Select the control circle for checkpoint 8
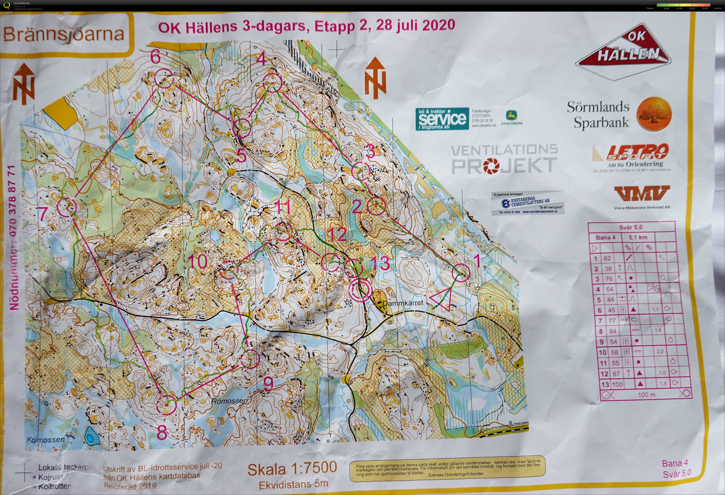coord(167,405)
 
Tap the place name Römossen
coord(230,401)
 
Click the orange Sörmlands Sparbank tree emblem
coord(653,114)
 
